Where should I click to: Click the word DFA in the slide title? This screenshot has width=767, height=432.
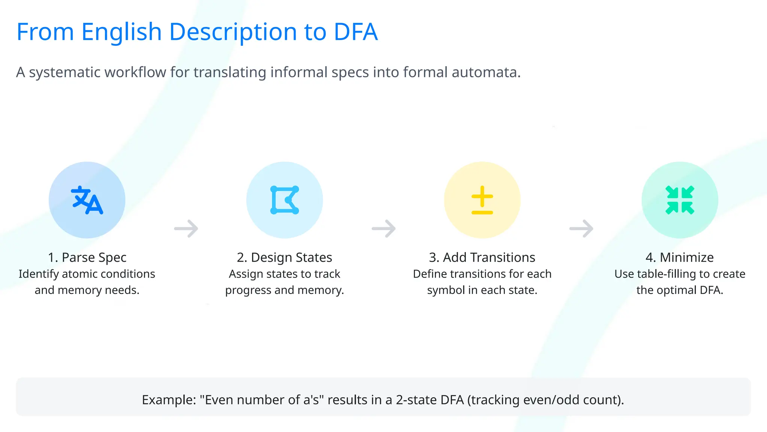[355, 32]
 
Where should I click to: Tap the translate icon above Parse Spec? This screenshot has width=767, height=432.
[87, 200]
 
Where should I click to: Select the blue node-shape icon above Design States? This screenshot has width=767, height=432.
[285, 200]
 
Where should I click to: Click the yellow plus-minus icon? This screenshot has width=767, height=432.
[482, 200]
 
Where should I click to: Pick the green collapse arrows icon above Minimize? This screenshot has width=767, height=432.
[680, 200]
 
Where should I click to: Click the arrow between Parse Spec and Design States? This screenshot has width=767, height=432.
[186, 228]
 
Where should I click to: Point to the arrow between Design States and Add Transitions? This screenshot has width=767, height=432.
[383, 228]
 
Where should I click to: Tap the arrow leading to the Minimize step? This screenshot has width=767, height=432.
[581, 228]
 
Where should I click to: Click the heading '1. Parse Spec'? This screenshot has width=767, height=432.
[87, 258]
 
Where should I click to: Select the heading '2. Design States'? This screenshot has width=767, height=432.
[285, 258]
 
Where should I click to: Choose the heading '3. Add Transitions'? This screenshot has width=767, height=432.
[482, 258]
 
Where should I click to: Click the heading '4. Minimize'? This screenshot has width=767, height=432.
[680, 258]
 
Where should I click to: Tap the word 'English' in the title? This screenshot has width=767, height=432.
[121, 32]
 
